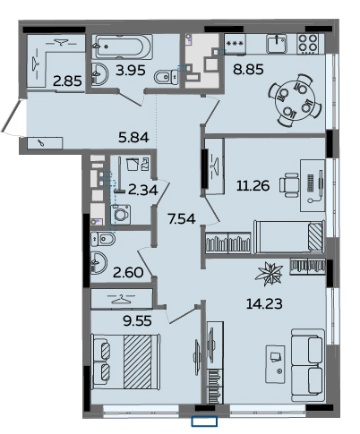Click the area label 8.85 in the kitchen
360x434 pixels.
tap(248, 70)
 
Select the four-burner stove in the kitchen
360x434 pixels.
tap(308, 44)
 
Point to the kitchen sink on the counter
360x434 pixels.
tap(277, 44)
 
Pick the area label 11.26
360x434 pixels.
tap(253, 186)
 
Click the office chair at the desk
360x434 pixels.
tap(289, 185)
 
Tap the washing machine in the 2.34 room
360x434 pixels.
tap(120, 214)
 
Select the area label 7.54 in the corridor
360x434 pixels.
tap(182, 219)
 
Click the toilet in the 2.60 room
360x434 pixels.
tap(103, 239)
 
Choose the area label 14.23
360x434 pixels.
tap(264, 304)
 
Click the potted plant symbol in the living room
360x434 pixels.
tap(269, 272)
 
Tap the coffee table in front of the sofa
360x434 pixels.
tap(275, 364)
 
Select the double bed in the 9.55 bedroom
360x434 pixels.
tap(126, 362)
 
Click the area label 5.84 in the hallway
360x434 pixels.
tap(133, 138)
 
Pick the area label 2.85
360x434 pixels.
tap(67, 81)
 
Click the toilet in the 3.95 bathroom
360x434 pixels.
tap(167, 77)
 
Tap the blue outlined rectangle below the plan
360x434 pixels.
tap(204, 421)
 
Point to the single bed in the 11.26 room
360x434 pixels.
tap(289, 237)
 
